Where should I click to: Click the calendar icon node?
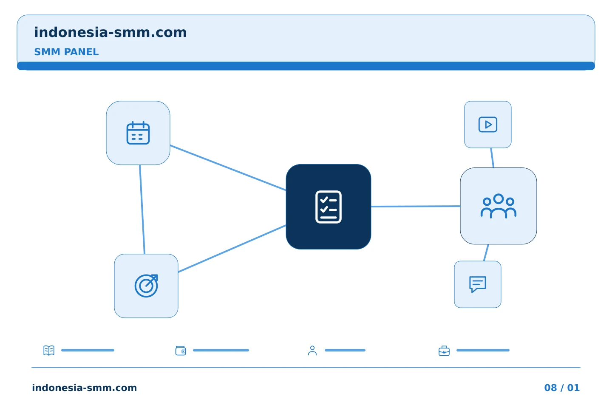pyautogui.click(x=138, y=133)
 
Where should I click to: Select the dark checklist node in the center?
pyautogui.click(x=329, y=207)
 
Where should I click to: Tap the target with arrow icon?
pyautogui.click(x=146, y=286)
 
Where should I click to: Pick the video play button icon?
pyautogui.click(x=488, y=125)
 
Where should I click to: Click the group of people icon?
pyautogui.click(x=499, y=206)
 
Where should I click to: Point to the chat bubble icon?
pyautogui.click(x=478, y=284)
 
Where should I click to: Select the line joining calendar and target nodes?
pyautogui.click(x=142, y=210)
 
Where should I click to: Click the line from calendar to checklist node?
pyautogui.click(x=228, y=167)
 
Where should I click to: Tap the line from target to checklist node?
pyautogui.click(x=232, y=248)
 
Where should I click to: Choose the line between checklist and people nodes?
pyautogui.click(x=416, y=206)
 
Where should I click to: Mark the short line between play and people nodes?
pyautogui.click(x=492, y=158)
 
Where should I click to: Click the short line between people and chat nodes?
pyautogui.click(x=486, y=252)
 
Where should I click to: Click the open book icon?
pyautogui.click(x=49, y=350)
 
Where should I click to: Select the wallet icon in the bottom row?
pyautogui.click(x=181, y=351)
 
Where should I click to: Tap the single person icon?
pyautogui.click(x=312, y=351)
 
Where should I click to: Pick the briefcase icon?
pyautogui.click(x=444, y=351)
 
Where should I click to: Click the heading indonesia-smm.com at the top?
pyautogui.click(x=110, y=32)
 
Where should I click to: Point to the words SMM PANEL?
pyautogui.click(x=66, y=52)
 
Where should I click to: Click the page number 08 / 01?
pyautogui.click(x=562, y=388)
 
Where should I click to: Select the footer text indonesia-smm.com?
pyautogui.click(x=85, y=388)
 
